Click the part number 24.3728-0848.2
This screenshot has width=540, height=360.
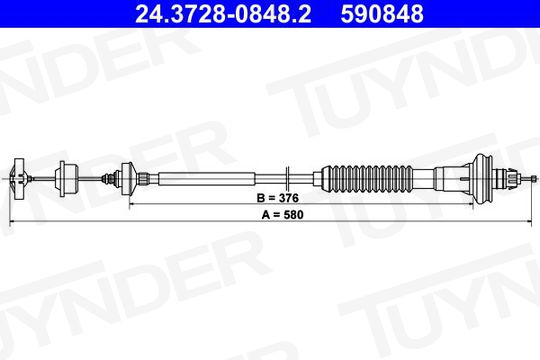(223, 14)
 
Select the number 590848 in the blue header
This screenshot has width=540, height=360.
(382, 14)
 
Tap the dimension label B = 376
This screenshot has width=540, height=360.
(278, 198)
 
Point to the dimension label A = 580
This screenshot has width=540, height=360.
(283, 215)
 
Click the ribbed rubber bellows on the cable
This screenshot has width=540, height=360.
(367, 179)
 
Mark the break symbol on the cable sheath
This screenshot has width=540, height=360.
(289, 179)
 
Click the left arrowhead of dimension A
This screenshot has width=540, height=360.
(12, 222)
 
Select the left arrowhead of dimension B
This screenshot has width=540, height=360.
(132, 204)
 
